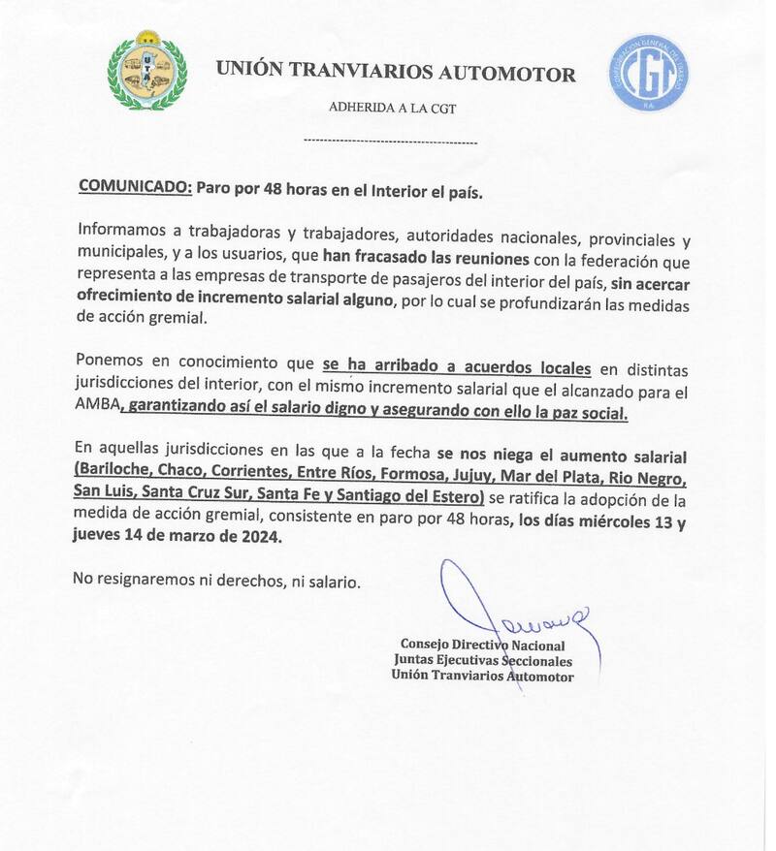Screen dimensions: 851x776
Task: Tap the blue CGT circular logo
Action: coord(649,73)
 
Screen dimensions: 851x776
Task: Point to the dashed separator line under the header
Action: coord(390,142)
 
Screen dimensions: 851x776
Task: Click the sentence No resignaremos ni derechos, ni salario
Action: coord(217,582)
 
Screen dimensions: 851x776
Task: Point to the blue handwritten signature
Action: coord(514,611)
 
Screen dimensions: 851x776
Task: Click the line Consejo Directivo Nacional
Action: coord(482,646)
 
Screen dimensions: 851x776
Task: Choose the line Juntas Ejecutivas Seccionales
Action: coord(482,661)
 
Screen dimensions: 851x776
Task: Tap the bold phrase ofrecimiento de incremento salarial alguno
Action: coord(234,300)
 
